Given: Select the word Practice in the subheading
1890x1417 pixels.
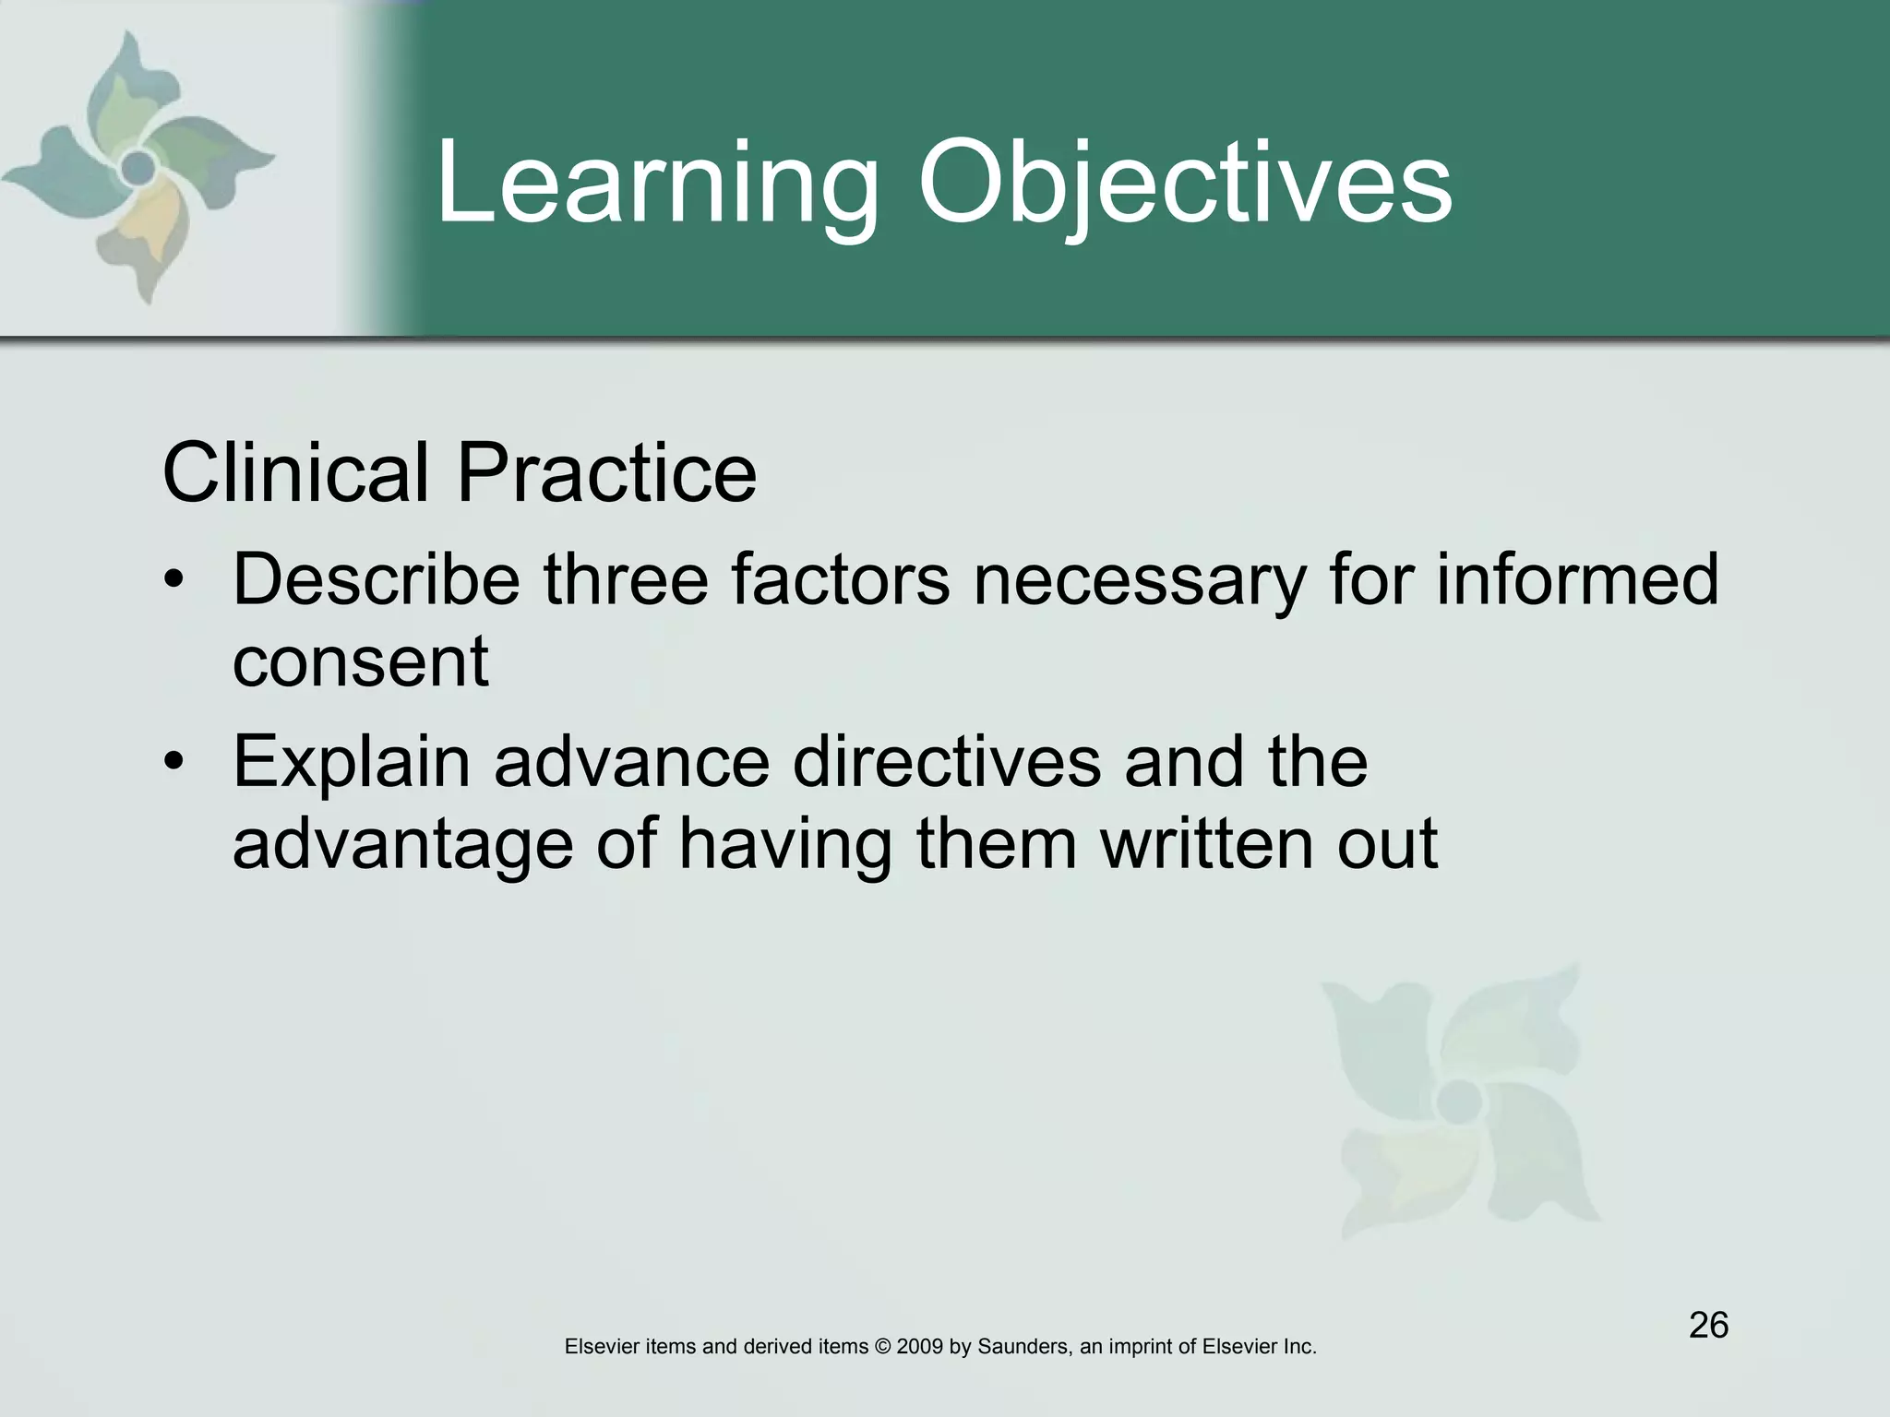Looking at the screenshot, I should (606, 472).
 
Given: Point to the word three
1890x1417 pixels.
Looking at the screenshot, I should (625, 579).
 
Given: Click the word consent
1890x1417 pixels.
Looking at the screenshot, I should (360, 662).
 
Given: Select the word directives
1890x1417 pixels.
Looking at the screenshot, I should (947, 762).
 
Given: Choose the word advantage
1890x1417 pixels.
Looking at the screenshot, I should (402, 845).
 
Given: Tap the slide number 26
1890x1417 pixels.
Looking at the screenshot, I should (1708, 1326).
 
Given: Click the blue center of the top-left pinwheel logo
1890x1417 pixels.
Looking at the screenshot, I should (138, 167).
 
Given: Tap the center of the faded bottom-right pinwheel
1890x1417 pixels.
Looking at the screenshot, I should (1456, 1098).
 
